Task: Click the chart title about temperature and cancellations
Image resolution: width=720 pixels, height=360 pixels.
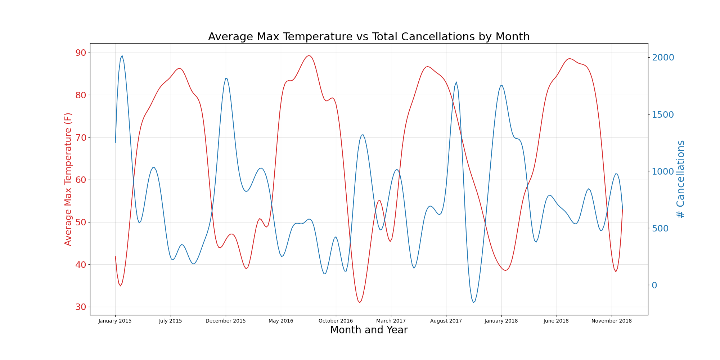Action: pos(369,37)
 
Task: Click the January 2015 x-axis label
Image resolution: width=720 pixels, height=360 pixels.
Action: pos(115,321)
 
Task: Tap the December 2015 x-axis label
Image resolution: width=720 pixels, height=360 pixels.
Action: pos(226,321)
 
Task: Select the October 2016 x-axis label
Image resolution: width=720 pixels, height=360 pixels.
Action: pos(336,321)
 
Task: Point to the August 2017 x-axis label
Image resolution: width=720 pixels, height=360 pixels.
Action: pos(446,321)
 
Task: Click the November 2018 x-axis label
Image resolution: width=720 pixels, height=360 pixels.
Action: pos(612,321)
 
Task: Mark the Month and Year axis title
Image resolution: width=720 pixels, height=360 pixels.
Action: pos(369,330)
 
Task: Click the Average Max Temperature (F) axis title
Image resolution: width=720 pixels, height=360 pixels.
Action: pos(68,179)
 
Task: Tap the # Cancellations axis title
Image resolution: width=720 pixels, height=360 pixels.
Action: pos(680,179)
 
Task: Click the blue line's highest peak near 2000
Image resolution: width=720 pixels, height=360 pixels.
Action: pos(122,56)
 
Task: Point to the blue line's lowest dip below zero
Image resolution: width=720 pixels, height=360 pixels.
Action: pos(473,302)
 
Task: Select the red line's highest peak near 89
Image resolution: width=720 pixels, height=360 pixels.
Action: pos(309,55)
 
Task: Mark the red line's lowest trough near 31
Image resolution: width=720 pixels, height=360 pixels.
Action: pos(359,302)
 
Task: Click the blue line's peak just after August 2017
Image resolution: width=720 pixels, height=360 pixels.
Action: pos(456,82)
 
